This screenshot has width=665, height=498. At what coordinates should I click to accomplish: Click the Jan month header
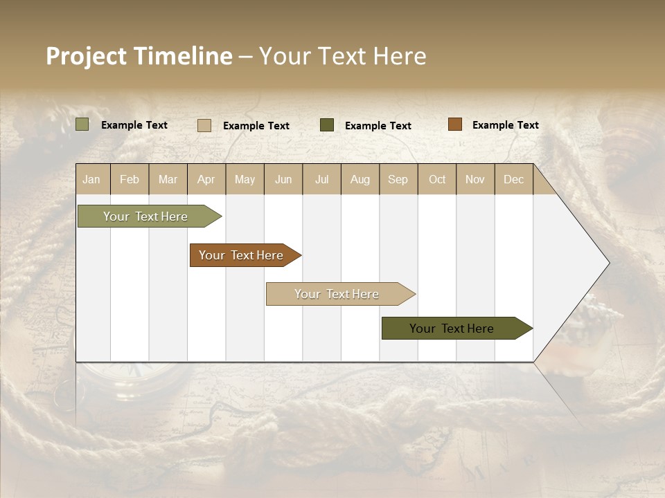click(91, 179)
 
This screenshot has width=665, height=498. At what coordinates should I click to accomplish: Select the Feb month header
click(130, 179)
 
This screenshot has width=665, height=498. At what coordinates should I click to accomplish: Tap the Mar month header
click(168, 179)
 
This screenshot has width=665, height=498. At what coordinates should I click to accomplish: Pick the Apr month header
click(206, 179)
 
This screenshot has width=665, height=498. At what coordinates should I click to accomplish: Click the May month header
click(245, 179)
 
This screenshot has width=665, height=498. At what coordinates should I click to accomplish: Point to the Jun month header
click(283, 179)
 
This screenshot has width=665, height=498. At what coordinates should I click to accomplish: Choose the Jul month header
click(321, 179)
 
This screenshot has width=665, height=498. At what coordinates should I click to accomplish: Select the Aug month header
click(360, 179)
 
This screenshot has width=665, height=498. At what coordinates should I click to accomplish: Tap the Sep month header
click(398, 179)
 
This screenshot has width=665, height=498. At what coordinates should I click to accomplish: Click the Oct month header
click(437, 179)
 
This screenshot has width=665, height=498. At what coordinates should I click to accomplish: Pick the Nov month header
click(475, 179)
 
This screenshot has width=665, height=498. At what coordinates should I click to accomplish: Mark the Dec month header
click(513, 179)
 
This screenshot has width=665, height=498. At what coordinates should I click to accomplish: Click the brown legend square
click(454, 124)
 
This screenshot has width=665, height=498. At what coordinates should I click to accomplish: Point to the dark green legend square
click(327, 124)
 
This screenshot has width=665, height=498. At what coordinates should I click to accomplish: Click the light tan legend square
click(204, 125)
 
